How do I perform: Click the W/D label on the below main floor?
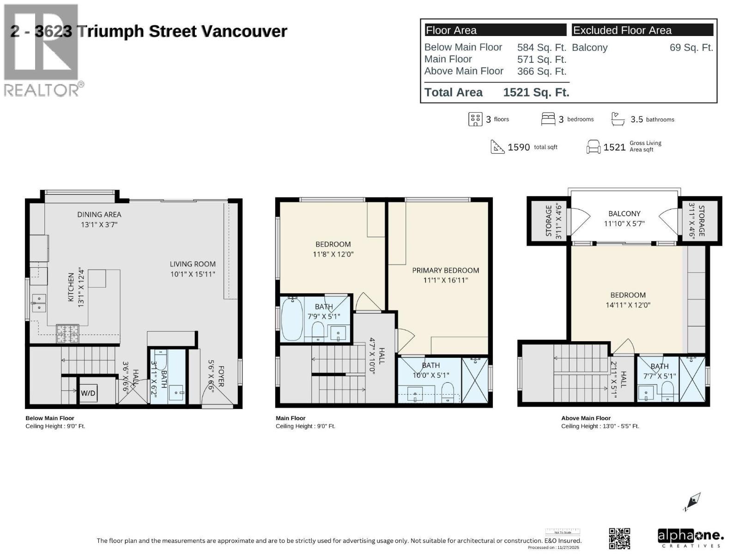point(88,393)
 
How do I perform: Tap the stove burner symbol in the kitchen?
point(67,333)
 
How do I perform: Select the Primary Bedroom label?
point(445,270)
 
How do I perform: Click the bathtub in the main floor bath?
point(292,319)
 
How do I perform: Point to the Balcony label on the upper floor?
point(624,213)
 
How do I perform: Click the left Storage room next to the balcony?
point(548,221)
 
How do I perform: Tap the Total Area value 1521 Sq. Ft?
point(536,92)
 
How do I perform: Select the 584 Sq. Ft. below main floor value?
point(541,48)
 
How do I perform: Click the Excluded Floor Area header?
point(622,30)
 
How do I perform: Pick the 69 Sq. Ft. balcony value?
point(691,48)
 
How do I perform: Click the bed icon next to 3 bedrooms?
point(548,119)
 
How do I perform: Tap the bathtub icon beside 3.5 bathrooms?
point(618,119)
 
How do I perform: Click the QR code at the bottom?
point(619,538)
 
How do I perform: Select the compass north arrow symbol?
point(692,502)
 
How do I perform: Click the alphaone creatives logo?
point(690,538)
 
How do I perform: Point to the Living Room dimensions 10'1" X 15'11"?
point(193,274)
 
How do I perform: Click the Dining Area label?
point(99,214)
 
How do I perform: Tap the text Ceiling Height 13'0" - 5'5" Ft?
point(600,426)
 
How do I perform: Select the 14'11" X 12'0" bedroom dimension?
point(628,305)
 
